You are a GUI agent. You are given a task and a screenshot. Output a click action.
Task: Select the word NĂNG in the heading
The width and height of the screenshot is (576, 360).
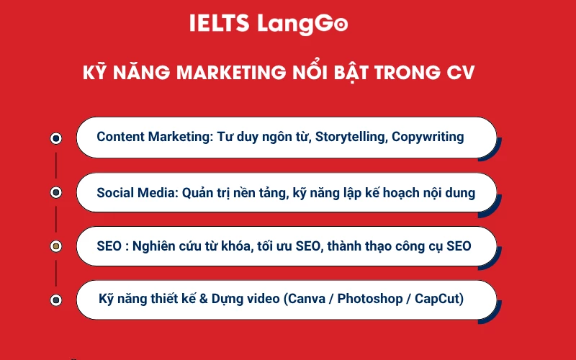click(x=144, y=73)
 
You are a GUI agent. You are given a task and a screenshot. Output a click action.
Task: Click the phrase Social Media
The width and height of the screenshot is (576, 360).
click(x=136, y=192)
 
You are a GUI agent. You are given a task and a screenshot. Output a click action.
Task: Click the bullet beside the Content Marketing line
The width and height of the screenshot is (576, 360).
click(x=56, y=138)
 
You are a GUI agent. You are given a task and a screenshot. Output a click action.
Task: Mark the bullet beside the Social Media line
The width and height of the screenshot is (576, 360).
click(x=56, y=192)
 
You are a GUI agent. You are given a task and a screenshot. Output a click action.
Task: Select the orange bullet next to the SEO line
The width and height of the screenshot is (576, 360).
click(x=56, y=246)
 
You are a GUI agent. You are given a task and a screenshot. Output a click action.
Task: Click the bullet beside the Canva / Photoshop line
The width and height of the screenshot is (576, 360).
click(x=56, y=300)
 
